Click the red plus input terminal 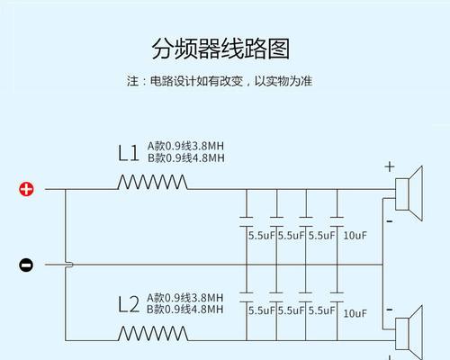(x=26, y=189)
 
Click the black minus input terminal (x=26, y=265)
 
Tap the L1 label (x=129, y=153)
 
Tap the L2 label (x=129, y=305)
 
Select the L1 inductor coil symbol (x=152, y=182)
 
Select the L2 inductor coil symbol (x=153, y=334)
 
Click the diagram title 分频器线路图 (x=220, y=49)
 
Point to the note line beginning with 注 (x=220, y=81)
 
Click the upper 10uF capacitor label (x=355, y=236)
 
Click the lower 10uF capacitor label (x=355, y=313)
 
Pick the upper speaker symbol (x=409, y=193)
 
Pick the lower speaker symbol (x=409, y=333)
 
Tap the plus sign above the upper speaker (x=390, y=166)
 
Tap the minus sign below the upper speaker (x=390, y=221)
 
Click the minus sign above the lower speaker (x=390, y=310)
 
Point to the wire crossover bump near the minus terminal (x=69, y=265)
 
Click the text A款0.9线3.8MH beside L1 (x=185, y=146)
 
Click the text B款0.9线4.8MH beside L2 (x=185, y=310)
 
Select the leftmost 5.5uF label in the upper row (x=261, y=236)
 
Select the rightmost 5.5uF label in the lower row (x=321, y=310)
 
